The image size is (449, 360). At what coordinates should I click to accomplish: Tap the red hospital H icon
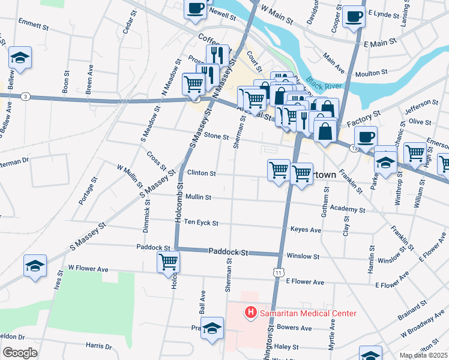(x=250, y=313)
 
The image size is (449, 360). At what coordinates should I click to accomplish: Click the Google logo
(x=19, y=353)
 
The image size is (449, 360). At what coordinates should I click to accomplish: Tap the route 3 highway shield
(x=25, y=96)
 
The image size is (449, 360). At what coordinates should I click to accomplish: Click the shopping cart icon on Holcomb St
(x=168, y=262)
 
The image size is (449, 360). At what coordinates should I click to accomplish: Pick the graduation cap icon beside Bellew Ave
(x=20, y=58)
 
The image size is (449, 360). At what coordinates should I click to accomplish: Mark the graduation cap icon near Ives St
(x=35, y=266)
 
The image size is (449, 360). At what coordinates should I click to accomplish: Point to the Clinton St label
(x=201, y=173)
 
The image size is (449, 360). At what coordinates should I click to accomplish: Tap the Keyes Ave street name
(x=306, y=230)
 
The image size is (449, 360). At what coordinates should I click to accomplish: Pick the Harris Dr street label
(x=98, y=346)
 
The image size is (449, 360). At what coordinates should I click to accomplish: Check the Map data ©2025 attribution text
(x=423, y=355)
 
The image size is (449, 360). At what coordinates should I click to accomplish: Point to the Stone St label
(x=217, y=137)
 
